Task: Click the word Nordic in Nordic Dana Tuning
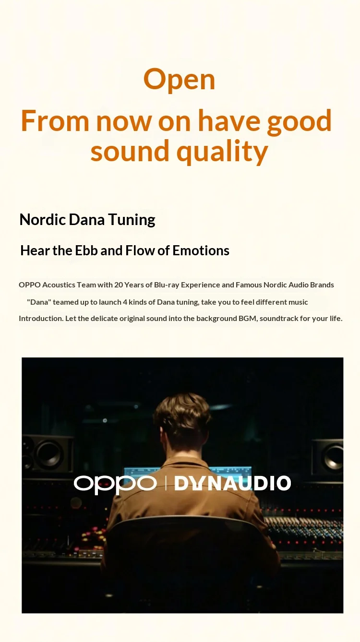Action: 42,220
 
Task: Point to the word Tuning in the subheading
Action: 132,220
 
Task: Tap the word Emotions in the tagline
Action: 201,250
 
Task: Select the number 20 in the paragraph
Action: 119,285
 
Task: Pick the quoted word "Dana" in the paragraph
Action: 39,302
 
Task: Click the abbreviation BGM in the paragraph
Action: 248,319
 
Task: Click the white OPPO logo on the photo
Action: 115,484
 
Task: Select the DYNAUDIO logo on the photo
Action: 233,483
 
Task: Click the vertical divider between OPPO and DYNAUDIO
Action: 166,483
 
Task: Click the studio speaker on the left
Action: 48,454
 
